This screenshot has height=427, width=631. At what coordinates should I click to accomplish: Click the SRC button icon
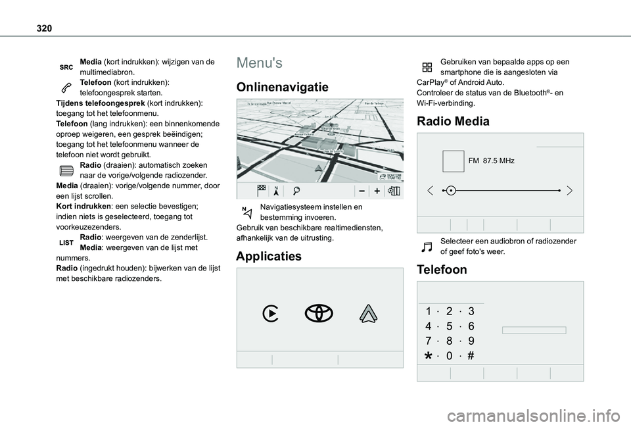click(66, 67)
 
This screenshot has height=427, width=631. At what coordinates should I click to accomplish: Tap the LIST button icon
click(66, 243)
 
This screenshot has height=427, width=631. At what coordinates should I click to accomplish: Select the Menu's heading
click(260, 63)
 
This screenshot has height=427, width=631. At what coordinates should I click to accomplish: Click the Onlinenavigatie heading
click(282, 88)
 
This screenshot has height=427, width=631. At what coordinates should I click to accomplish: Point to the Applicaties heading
click(268, 257)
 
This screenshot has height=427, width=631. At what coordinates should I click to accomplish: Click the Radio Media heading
click(453, 121)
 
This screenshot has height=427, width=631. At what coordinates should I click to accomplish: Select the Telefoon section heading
click(442, 270)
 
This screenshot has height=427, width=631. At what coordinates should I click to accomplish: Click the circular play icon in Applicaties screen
click(270, 314)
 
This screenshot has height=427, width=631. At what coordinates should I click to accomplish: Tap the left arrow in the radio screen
click(431, 191)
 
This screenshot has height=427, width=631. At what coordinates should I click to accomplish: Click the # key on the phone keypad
click(471, 356)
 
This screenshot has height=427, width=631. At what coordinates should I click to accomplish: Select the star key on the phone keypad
click(428, 356)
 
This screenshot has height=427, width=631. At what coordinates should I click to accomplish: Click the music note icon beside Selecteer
click(427, 247)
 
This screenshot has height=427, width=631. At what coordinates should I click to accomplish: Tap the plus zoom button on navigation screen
click(378, 190)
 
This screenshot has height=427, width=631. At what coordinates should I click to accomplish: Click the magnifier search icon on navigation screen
click(298, 190)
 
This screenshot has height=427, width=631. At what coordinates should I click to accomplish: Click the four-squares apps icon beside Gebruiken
click(427, 66)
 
